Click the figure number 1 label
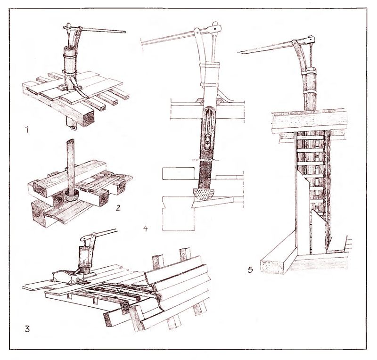pos(27,130)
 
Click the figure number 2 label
pos(118,207)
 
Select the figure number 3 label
pos(27,328)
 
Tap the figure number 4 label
pos(145,228)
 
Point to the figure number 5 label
pos(250,270)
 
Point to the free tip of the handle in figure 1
pos(125,32)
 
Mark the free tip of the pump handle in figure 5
pos(238,52)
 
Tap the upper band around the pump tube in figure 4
pos(210,65)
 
